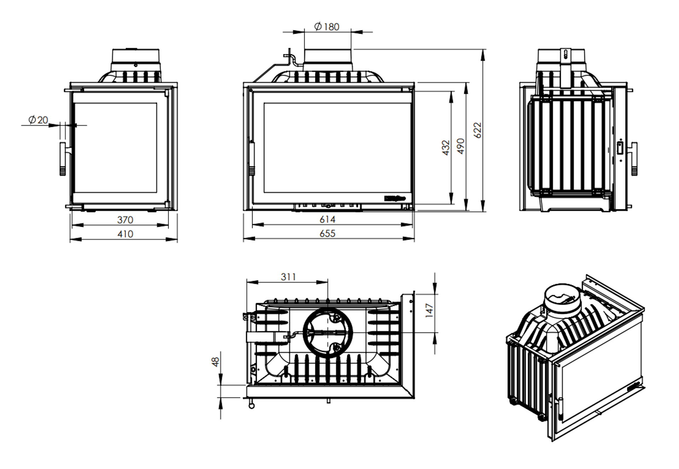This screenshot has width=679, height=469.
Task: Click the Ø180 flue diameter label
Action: (326, 27)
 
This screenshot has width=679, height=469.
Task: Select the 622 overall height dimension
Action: (477, 130)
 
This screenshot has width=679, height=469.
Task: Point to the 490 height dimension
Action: (460, 146)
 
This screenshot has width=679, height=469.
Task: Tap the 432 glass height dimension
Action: (446, 147)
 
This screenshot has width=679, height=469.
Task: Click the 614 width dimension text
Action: (327, 220)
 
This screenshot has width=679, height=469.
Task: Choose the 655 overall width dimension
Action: (327, 234)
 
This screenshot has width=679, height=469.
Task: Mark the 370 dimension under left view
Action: (125, 220)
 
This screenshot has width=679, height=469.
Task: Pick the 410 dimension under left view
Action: (125, 234)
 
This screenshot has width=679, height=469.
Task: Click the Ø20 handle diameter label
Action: (38, 120)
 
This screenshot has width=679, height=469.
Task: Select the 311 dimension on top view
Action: (288, 277)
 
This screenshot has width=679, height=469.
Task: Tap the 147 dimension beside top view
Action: (429, 310)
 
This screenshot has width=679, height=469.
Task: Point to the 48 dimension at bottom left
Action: (215, 362)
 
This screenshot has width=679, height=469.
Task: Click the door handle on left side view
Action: (63, 159)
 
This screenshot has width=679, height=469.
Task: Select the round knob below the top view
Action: (251, 406)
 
